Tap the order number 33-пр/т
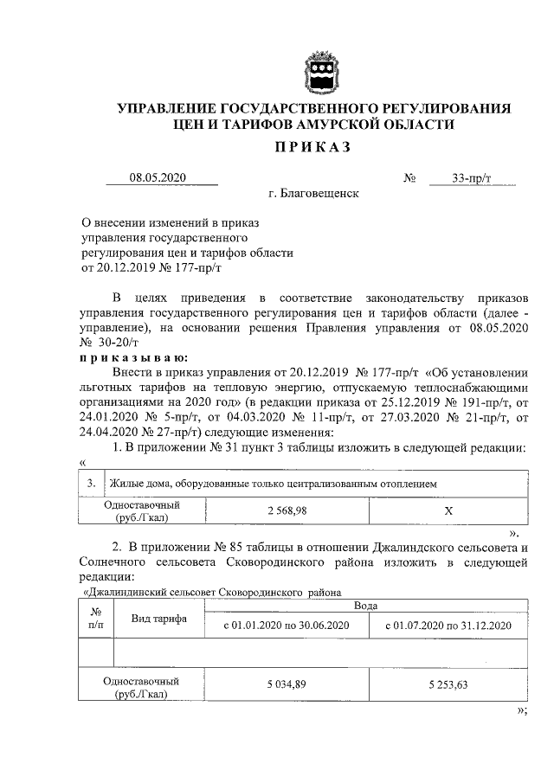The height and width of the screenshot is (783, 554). pyautogui.click(x=471, y=178)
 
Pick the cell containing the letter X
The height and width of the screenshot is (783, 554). pyautogui.click(x=448, y=510)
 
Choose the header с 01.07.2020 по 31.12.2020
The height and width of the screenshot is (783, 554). pyautogui.click(x=448, y=625)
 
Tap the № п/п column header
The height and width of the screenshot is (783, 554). pyautogui.click(x=95, y=617)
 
